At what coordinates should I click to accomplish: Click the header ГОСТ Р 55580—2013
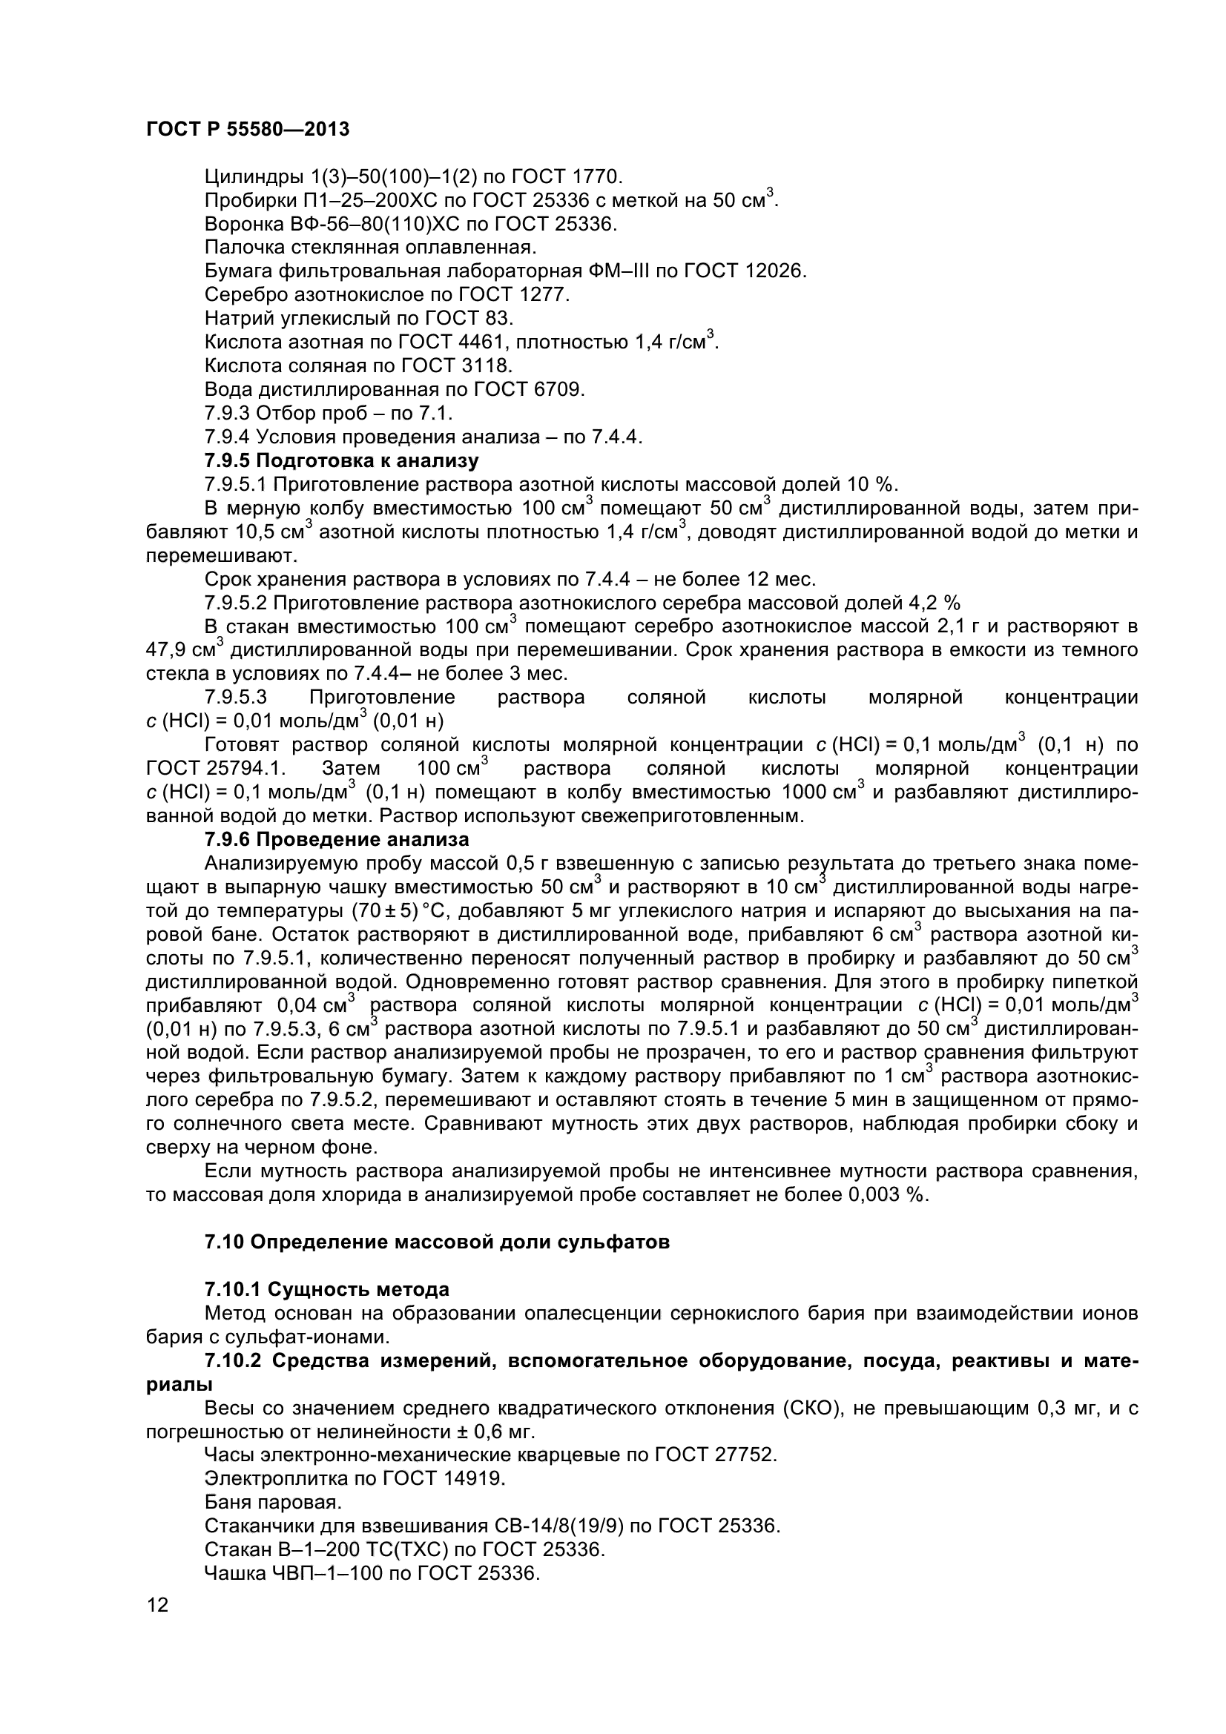pos(248,130)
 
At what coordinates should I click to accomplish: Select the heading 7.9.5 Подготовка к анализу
pos(341,460)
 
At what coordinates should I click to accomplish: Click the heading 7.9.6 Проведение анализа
pos(337,840)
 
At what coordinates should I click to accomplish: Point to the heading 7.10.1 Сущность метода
pos(327,1289)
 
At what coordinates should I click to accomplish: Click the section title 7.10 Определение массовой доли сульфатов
pos(437,1242)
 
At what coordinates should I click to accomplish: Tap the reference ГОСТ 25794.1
pos(216,769)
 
